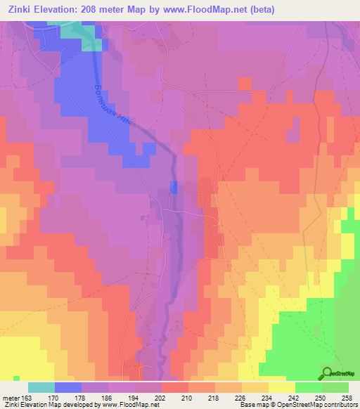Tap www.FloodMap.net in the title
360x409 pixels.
pyautogui.click(x=202, y=10)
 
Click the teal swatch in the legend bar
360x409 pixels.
pyautogui.click(x=41, y=387)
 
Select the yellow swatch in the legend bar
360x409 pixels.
pyautogui.click(x=281, y=387)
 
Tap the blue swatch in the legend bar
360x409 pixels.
pyautogui.click(x=67, y=387)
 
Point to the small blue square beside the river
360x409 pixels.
pyautogui.click(x=174, y=186)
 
